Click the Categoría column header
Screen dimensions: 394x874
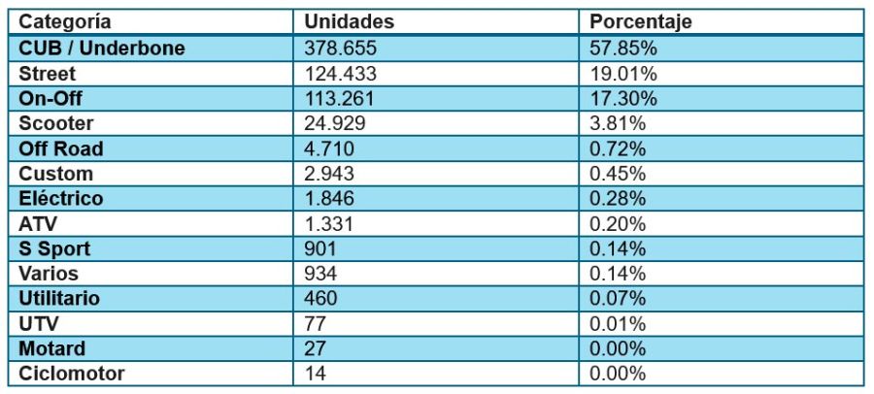coord(65,22)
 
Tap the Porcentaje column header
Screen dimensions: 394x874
coord(641,22)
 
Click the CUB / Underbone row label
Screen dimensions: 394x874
coord(102,48)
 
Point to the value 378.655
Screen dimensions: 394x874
coord(341,48)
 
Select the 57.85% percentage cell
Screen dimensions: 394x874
coord(623,48)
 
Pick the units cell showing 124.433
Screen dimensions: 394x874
coord(341,73)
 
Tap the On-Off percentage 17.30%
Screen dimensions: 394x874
coord(623,98)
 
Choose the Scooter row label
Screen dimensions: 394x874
coord(56,123)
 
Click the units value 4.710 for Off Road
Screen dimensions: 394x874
coord(329,148)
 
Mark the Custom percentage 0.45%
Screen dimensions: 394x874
coord(619,174)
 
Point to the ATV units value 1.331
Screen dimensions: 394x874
coord(329,223)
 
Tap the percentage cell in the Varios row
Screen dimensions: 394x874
coord(619,274)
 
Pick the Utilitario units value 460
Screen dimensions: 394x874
coord(320,298)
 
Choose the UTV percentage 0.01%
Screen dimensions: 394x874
coord(619,323)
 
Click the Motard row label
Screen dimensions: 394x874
coord(52,348)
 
